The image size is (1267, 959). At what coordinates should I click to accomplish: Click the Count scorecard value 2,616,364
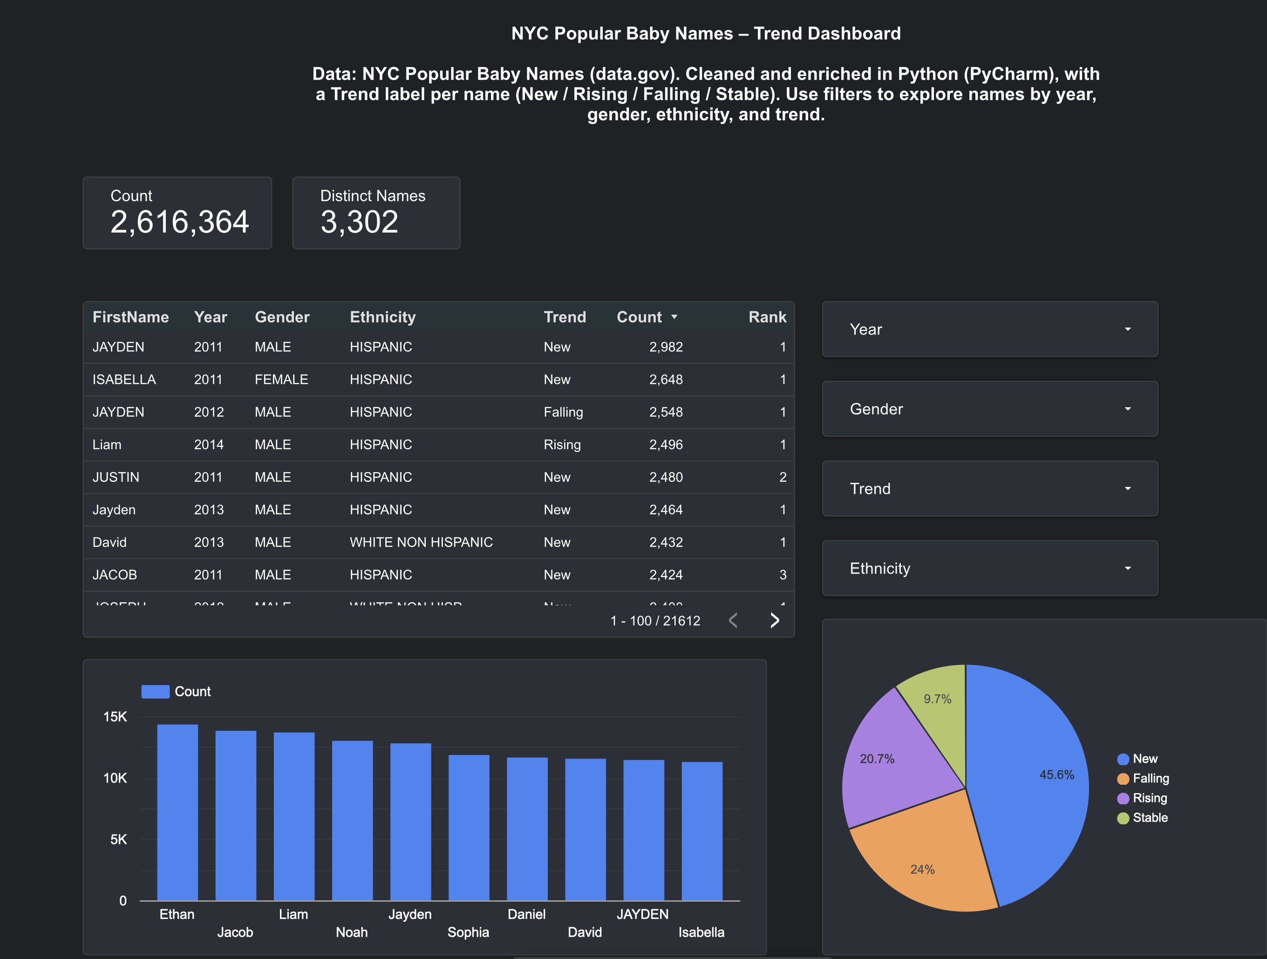pos(179,222)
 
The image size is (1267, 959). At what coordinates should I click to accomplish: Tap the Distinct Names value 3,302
pos(359,222)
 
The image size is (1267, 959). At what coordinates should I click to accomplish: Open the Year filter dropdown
pos(989,329)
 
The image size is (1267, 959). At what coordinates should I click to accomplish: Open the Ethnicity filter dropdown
pos(989,569)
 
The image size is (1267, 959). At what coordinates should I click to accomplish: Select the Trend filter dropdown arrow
pos(1127,489)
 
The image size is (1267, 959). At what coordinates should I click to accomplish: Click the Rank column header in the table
pos(767,317)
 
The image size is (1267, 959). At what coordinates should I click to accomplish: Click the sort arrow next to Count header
pos(674,317)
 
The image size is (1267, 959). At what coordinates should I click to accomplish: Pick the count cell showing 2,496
pos(666,445)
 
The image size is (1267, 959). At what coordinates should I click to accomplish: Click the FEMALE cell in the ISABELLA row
pos(281,379)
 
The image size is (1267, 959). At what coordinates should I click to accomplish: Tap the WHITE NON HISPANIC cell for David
pos(421,542)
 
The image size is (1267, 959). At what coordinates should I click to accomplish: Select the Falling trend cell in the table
pos(563,412)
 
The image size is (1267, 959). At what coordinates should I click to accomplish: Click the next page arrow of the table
pos(774,620)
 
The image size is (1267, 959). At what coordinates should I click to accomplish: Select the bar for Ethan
pos(177,814)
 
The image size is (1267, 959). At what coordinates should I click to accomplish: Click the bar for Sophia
pos(469,828)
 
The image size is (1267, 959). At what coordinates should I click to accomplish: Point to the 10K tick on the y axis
pos(115,778)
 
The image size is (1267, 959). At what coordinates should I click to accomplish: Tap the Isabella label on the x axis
pos(701,932)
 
